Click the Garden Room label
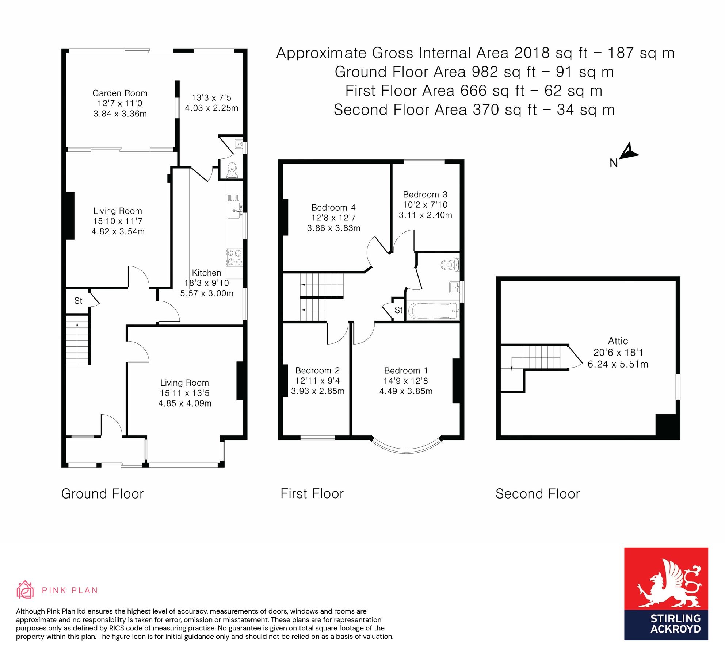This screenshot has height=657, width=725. tap(120, 93)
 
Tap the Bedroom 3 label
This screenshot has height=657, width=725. tap(425, 195)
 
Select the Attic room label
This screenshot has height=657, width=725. tap(618, 341)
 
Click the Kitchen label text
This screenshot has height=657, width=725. tap(206, 273)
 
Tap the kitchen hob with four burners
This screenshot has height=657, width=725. tap(234, 257)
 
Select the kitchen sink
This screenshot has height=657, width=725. tap(234, 211)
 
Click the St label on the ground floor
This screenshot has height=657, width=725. tap(78, 301)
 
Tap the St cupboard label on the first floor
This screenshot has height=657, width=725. tap(398, 310)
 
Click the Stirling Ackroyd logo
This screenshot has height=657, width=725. tap(666, 593)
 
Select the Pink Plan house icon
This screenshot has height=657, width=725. tap(25, 590)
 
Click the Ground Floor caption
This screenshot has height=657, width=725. tap(102, 494)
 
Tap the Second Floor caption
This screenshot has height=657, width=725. tap(537, 494)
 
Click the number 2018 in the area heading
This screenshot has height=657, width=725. tap(532, 53)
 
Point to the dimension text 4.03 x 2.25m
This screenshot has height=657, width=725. tap(211, 108)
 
